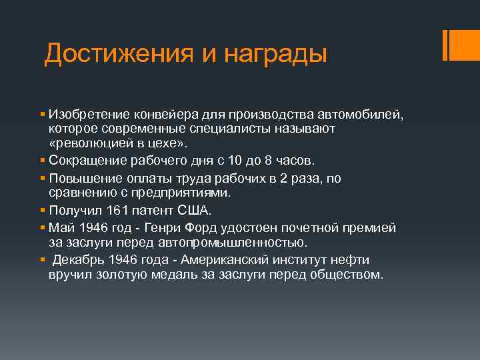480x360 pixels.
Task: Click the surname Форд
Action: click(x=209, y=228)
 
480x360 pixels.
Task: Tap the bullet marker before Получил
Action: click(x=42, y=211)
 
